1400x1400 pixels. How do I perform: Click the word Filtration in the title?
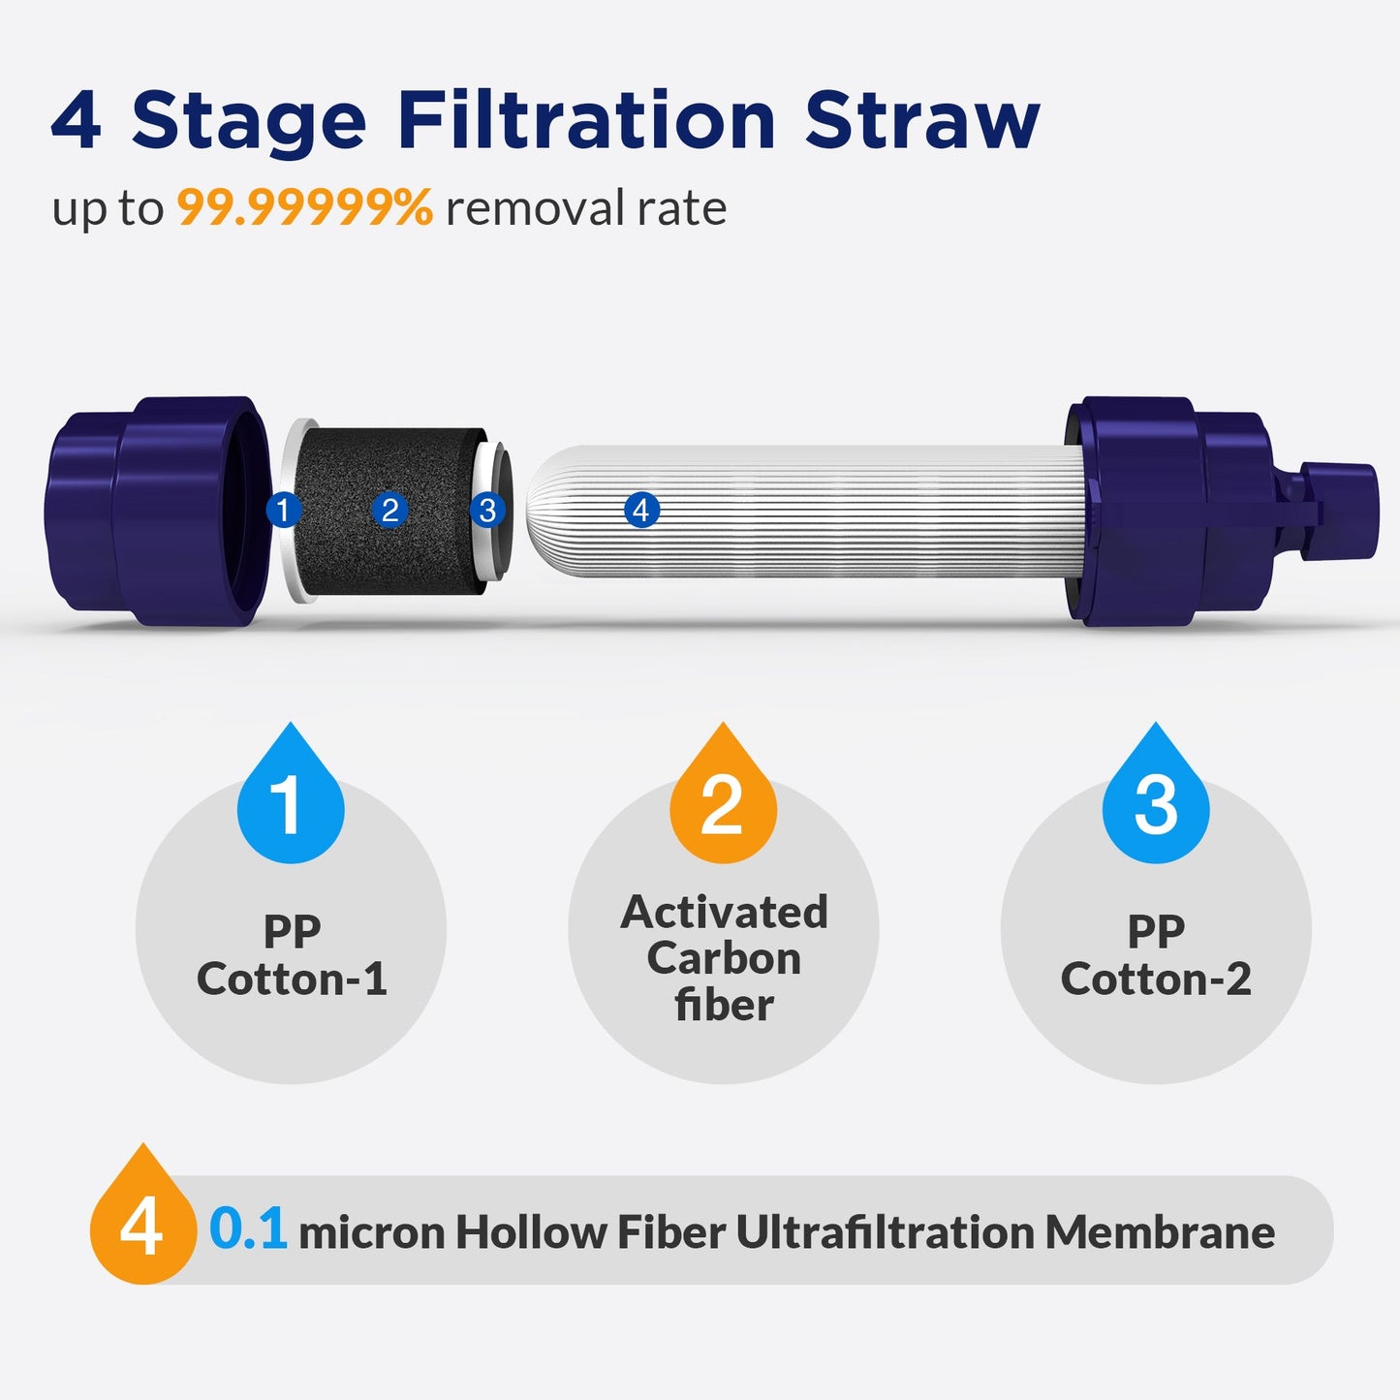[586, 121]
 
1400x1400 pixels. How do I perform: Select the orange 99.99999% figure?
[304, 207]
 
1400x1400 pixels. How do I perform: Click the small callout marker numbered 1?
[283, 510]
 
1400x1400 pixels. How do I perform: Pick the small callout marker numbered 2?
[389, 510]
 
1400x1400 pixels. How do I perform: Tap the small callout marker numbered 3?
[487, 510]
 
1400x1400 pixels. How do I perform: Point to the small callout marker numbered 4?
[641, 510]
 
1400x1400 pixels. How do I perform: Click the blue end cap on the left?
[155, 511]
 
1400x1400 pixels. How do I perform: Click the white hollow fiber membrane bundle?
[824, 511]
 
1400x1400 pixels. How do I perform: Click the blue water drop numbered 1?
[290, 799]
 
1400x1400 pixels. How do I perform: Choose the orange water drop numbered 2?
[723, 799]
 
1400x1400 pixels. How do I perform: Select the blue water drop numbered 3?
[1156, 799]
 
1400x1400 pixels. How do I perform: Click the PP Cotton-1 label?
[292, 955]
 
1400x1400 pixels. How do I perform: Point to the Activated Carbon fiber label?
[724, 958]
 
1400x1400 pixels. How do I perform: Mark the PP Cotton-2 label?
[1156, 955]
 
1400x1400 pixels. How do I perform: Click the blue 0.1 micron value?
[248, 1230]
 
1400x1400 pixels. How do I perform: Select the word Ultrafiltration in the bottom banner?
[885, 1232]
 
